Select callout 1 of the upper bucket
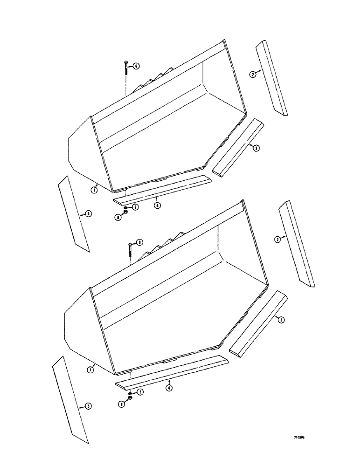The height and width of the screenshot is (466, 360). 94,190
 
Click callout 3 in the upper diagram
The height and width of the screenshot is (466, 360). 256,148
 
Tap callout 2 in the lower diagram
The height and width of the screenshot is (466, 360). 277,239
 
